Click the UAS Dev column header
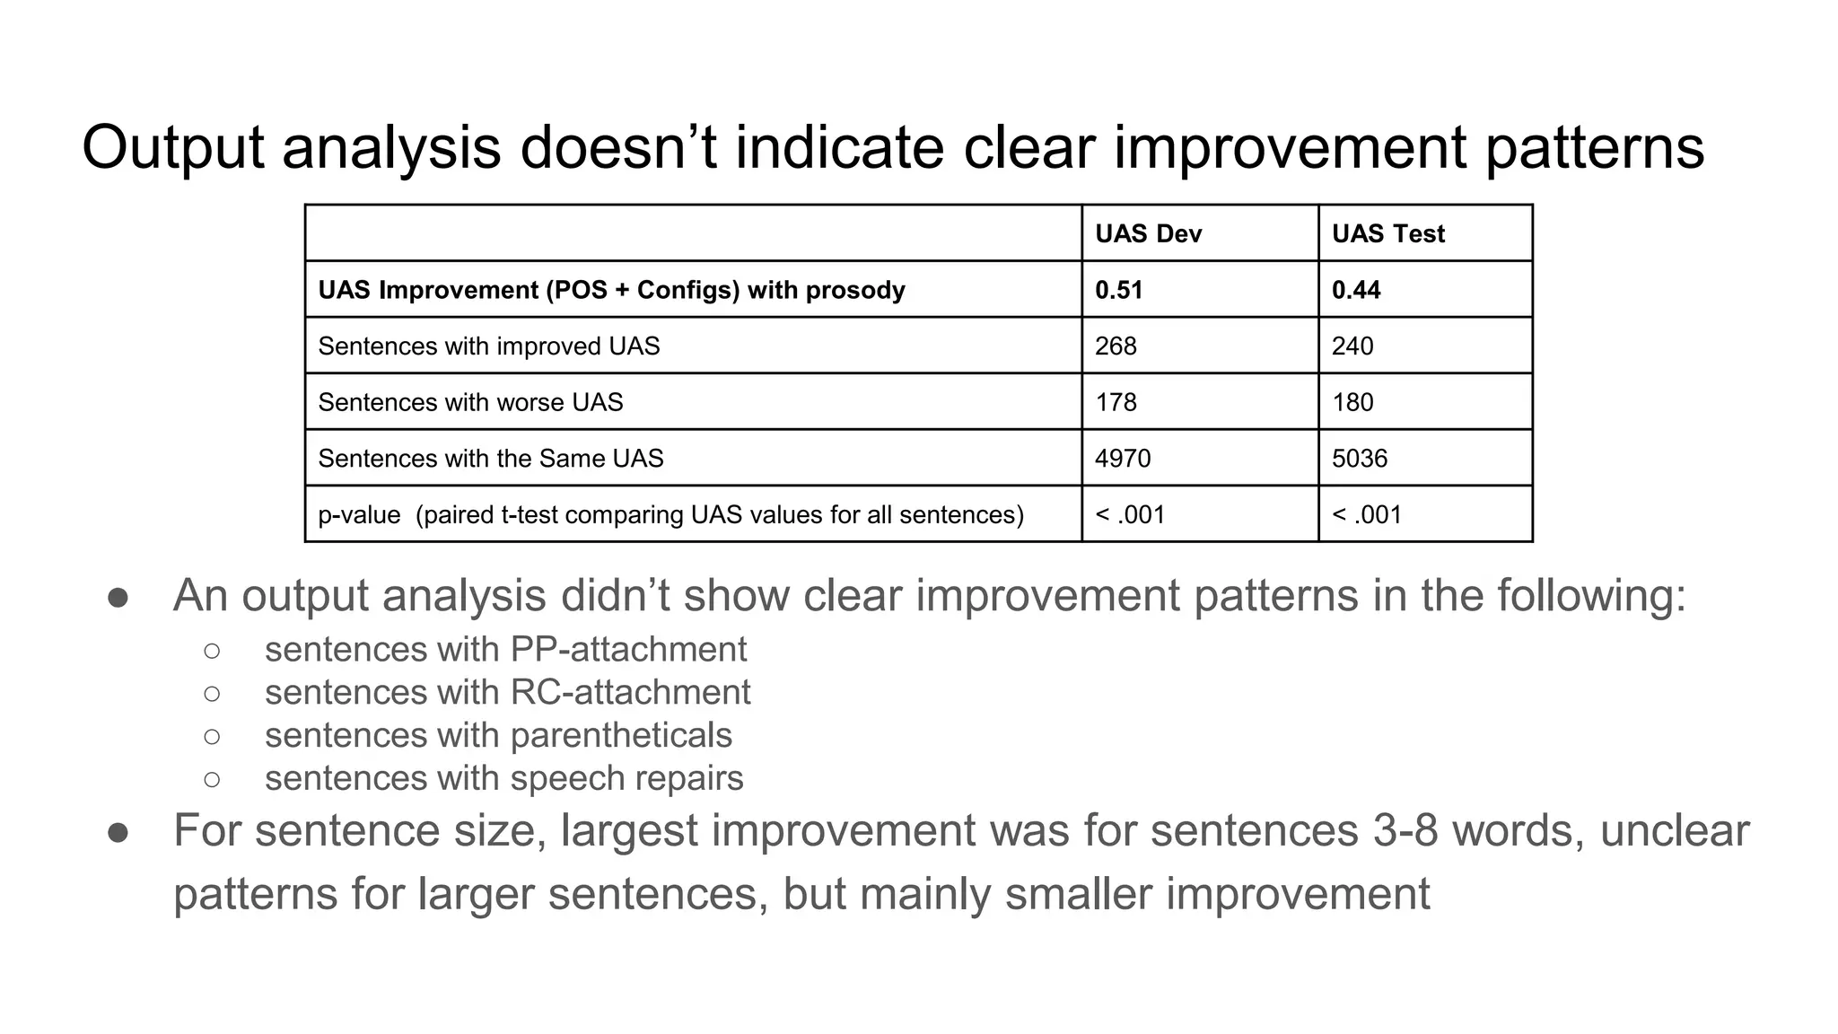[1148, 234]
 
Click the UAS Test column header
[1387, 234]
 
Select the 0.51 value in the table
[1118, 290]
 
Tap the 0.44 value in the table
[1355, 290]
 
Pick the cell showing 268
[1116, 346]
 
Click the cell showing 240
[1352, 346]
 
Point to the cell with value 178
[1116, 402]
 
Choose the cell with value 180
[1352, 402]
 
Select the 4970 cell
[1123, 459]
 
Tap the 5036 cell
[1360, 459]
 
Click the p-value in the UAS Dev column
[1130, 515]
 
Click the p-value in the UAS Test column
[1367, 515]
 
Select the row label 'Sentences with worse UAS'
[470, 402]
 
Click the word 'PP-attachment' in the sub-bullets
[628, 649]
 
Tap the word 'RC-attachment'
[630, 692]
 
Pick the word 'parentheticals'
[621, 735]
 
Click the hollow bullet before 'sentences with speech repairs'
[212, 779]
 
